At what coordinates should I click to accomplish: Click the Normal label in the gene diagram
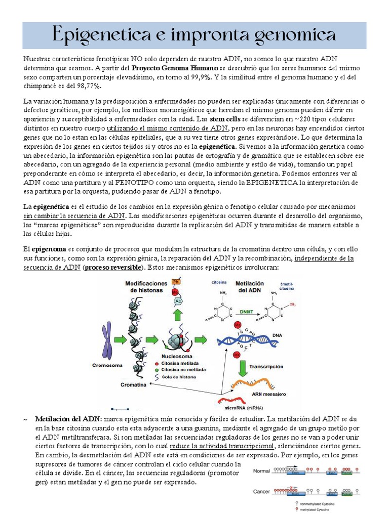[261, 470]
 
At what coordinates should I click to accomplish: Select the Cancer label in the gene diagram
[261, 491]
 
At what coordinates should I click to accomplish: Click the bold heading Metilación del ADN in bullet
[67, 419]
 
